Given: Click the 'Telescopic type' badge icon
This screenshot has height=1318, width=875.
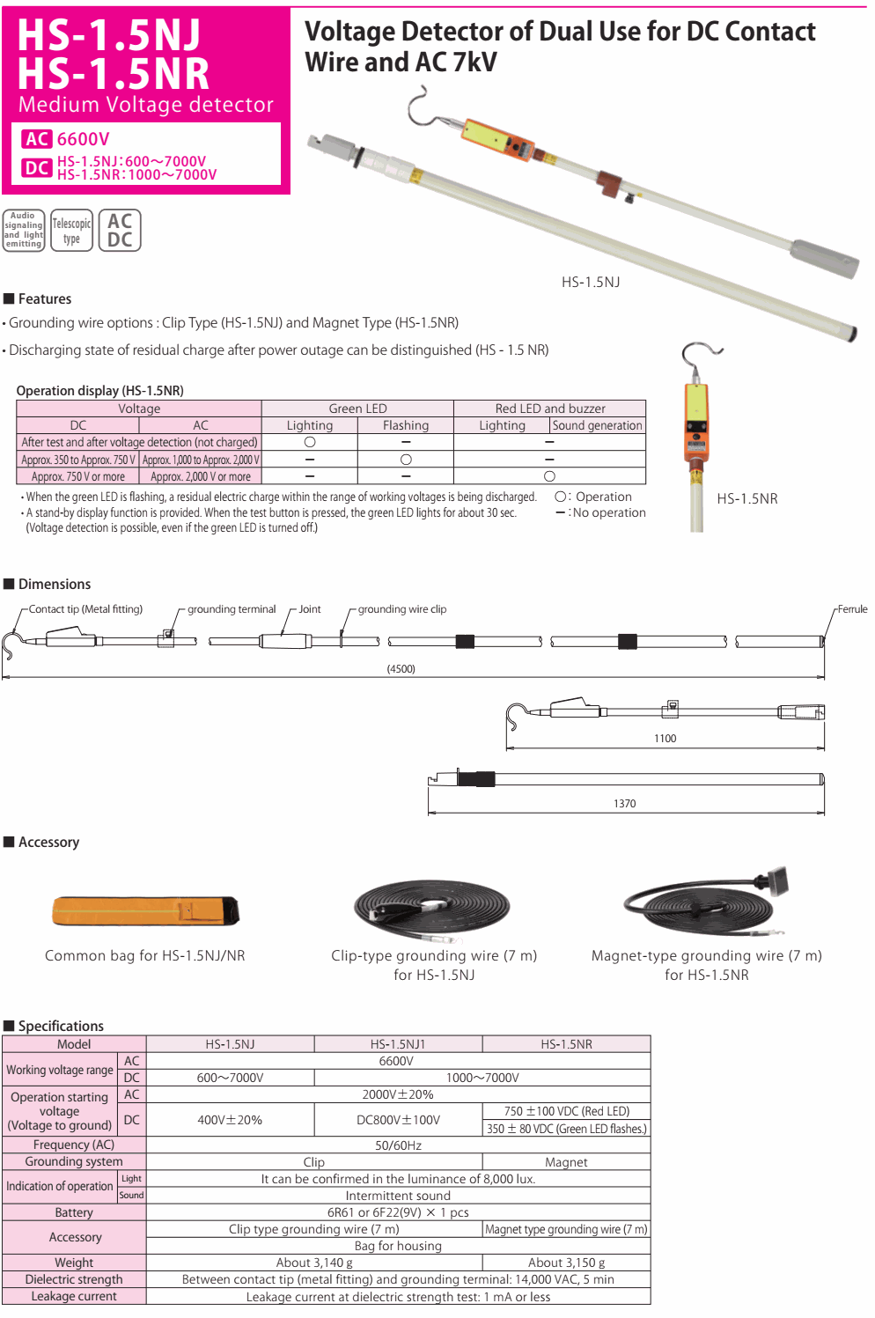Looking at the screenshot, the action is (72, 230).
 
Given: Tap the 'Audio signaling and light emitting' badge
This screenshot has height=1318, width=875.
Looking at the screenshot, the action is (24, 230).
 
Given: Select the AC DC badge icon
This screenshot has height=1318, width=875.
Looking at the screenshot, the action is (120, 230).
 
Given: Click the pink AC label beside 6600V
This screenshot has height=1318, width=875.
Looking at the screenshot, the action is (37, 139).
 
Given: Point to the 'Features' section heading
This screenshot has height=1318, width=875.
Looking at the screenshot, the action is (45, 298).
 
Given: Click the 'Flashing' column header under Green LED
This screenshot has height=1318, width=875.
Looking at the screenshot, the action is (406, 425).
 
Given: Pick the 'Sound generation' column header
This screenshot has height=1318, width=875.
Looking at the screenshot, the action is (597, 425).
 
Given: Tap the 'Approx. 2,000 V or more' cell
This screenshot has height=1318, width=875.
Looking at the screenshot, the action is (201, 476).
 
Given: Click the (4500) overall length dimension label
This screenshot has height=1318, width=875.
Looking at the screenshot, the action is (401, 669).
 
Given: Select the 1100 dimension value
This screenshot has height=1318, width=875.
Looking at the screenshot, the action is (665, 739).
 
